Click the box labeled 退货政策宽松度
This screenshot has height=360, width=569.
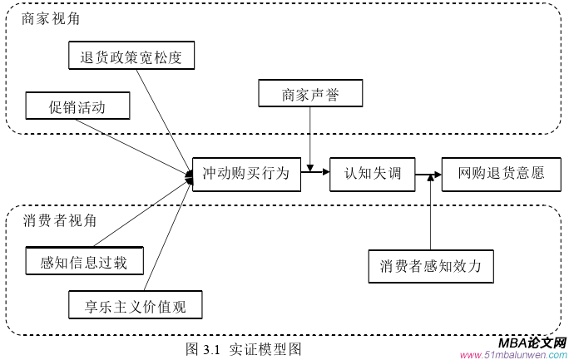point(131,57)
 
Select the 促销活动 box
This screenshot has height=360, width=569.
point(78,106)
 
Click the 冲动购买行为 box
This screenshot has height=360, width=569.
point(245,173)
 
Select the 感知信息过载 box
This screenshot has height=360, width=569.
point(84,262)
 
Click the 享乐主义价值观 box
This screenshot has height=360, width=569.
point(135,306)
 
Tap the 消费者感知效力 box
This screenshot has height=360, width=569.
point(431,266)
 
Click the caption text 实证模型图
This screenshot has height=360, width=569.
point(265,348)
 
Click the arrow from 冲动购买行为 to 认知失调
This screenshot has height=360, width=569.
point(314,173)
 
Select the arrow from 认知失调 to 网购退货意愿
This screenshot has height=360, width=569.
point(428,175)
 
